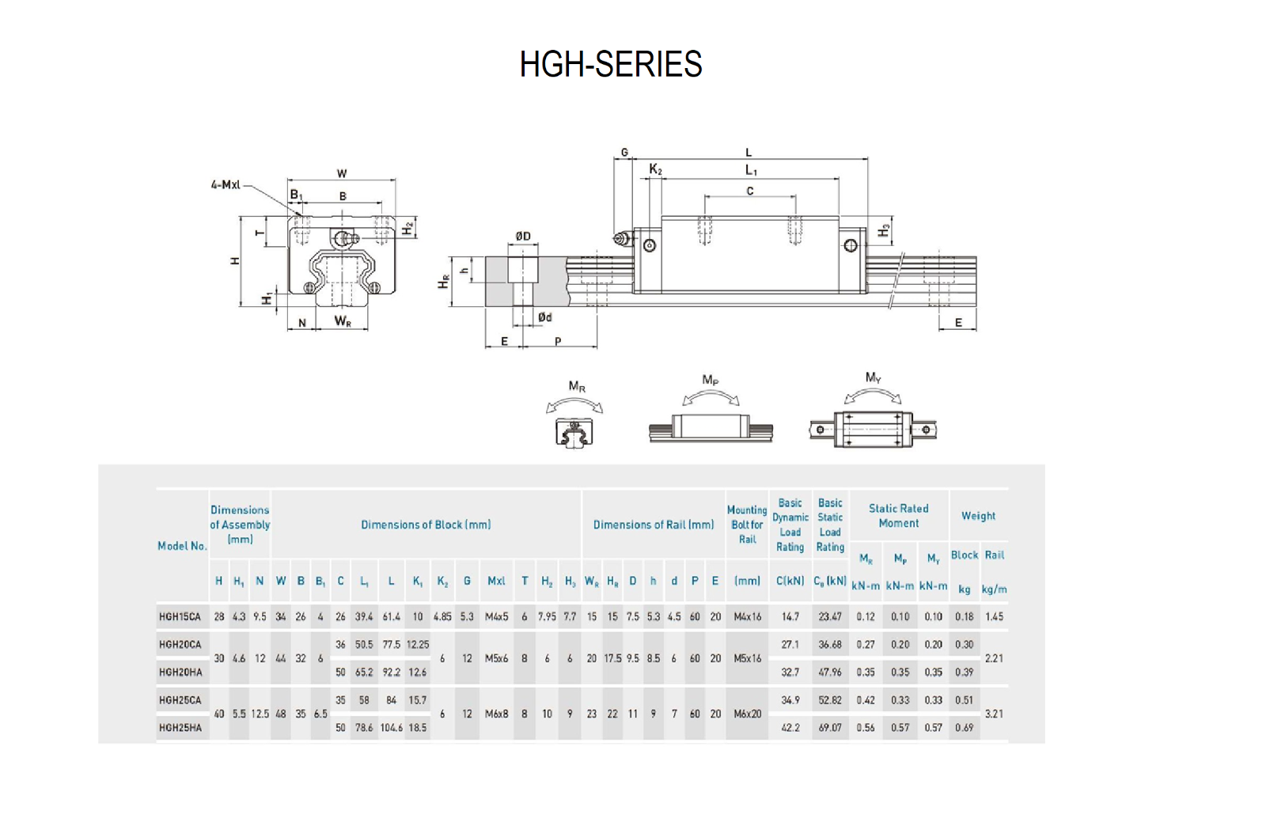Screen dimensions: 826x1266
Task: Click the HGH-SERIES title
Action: (610, 64)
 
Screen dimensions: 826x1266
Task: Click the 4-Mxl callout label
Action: (226, 184)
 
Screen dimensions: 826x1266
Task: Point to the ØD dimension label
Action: (523, 236)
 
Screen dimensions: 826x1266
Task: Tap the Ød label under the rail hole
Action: (544, 317)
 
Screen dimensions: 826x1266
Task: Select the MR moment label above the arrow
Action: (577, 387)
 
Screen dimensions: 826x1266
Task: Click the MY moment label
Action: (873, 377)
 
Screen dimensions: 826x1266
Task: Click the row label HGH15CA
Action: (180, 616)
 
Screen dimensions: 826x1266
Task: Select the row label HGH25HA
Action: (180, 727)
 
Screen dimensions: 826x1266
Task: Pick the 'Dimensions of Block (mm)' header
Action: (426, 525)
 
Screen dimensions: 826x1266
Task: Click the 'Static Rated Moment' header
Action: (898, 516)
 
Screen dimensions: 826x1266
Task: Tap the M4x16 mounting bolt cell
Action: (747, 616)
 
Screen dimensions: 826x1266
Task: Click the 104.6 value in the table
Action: (391, 727)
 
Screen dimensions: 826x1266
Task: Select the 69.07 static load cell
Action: (830, 727)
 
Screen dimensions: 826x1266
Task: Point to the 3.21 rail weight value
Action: (994, 714)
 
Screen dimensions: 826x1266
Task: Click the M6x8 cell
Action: (496, 714)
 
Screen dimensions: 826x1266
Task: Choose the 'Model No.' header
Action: (182, 546)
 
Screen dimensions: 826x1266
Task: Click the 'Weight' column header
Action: (978, 516)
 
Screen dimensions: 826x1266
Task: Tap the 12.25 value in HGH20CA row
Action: (417, 645)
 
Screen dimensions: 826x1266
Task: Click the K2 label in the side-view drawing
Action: (655, 169)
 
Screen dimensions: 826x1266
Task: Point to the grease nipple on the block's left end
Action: (622, 238)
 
